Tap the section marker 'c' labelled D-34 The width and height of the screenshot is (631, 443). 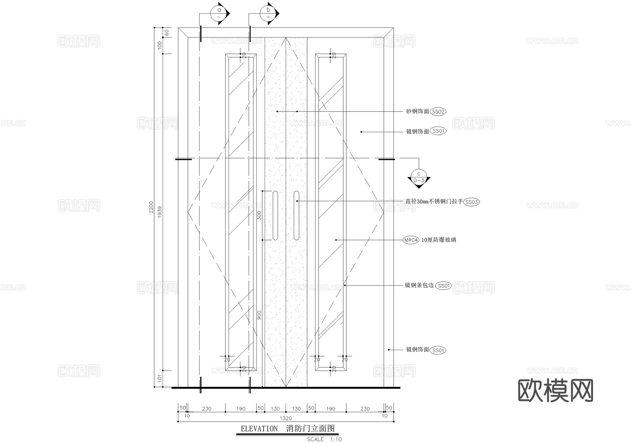(x=419, y=177)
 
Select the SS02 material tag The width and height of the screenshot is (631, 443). (x=438, y=112)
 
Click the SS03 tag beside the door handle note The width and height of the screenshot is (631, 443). (x=471, y=202)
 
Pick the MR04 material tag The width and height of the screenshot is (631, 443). (x=411, y=240)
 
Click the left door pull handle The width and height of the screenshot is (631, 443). (x=276, y=216)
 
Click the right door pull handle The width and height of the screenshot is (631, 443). (x=297, y=216)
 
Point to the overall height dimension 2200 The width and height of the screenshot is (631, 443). (x=151, y=207)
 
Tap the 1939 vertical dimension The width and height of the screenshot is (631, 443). (x=160, y=212)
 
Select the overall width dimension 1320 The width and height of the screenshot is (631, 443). (x=286, y=418)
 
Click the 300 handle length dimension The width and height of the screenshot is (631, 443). (x=259, y=215)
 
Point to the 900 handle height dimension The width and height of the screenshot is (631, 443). (x=259, y=314)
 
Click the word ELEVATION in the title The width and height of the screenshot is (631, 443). (x=259, y=429)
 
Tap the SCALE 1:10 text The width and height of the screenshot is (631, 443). (x=324, y=439)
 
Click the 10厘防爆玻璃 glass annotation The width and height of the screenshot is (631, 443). (x=439, y=240)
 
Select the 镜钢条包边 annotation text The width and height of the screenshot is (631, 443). (x=419, y=286)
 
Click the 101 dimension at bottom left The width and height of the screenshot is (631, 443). (x=160, y=379)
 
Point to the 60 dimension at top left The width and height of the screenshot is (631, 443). (x=167, y=33)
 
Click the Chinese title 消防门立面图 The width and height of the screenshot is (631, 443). (x=311, y=429)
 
